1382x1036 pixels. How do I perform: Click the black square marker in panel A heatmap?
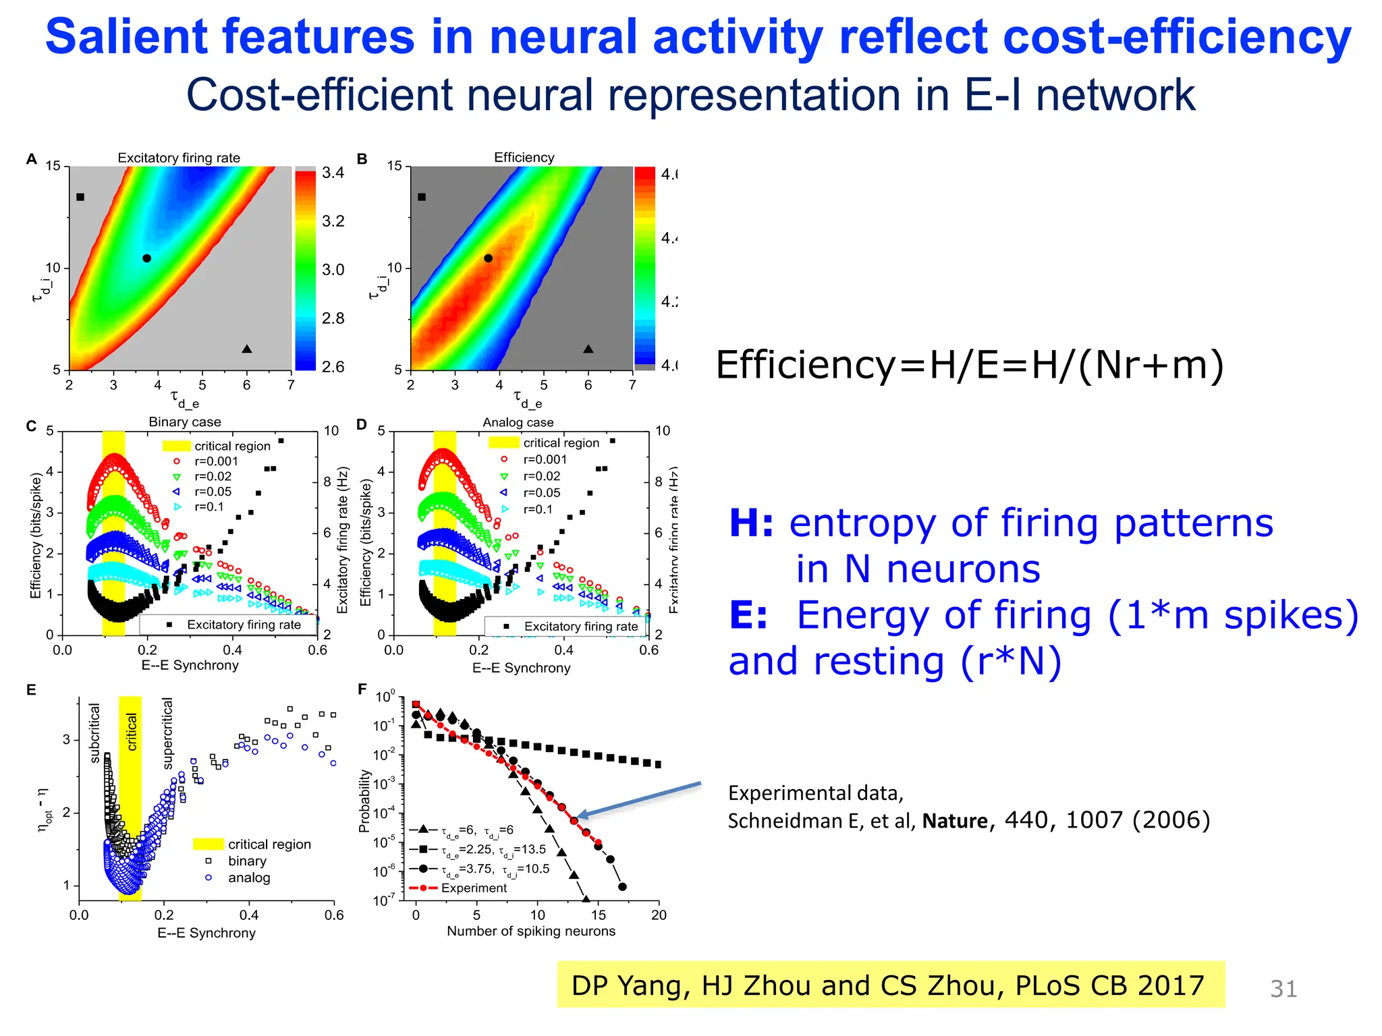pyautogui.click(x=80, y=197)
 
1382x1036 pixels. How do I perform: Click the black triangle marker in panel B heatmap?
pyautogui.click(x=588, y=349)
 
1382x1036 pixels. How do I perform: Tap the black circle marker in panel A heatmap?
pyautogui.click(x=146, y=258)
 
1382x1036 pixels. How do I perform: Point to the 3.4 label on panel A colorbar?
pyautogui.click(x=333, y=173)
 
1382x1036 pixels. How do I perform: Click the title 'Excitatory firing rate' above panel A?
pyautogui.click(x=179, y=158)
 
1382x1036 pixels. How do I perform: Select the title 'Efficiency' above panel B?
pyautogui.click(x=524, y=157)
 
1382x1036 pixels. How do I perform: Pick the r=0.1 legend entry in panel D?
pyautogui.click(x=537, y=509)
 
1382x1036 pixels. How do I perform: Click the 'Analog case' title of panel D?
pyautogui.click(x=518, y=422)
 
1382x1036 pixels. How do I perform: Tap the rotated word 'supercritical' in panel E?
pyautogui.click(x=167, y=734)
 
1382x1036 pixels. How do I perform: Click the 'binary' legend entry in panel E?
pyautogui.click(x=246, y=861)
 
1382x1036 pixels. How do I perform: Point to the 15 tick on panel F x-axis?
pyautogui.click(x=598, y=915)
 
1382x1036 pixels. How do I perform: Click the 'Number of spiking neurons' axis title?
pyautogui.click(x=531, y=931)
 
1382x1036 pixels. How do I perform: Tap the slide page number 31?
pyautogui.click(x=1283, y=989)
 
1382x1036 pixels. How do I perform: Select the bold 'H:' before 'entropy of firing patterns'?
pyautogui.click(x=751, y=523)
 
